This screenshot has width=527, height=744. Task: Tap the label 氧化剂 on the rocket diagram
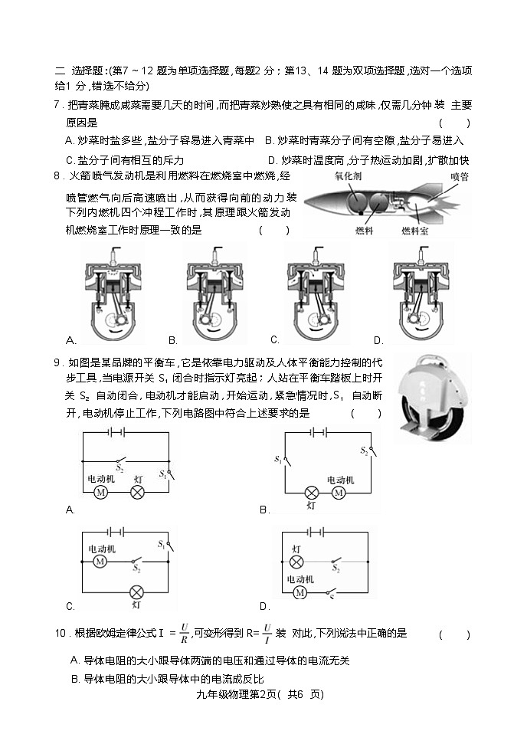(x=350, y=177)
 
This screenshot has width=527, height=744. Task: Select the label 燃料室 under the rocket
(x=416, y=230)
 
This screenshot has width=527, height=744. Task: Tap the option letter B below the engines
(x=172, y=340)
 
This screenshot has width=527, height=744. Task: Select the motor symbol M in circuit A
(x=100, y=493)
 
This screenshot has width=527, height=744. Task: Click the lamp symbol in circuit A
(x=137, y=493)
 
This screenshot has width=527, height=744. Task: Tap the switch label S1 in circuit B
(x=277, y=460)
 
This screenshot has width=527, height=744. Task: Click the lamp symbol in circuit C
(x=136, y=592)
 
